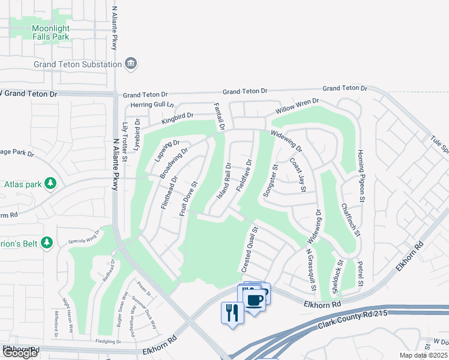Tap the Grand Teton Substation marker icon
pos(131,64)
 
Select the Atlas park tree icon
pos(52,184)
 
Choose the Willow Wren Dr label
pos(297,107)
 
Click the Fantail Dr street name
pos(218,116)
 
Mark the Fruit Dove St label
pos(188,199)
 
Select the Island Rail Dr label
pos(224,181)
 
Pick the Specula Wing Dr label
pos(84,235)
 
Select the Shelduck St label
pos(337,275)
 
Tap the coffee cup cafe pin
pos(255,298)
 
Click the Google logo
pos(20,353)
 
